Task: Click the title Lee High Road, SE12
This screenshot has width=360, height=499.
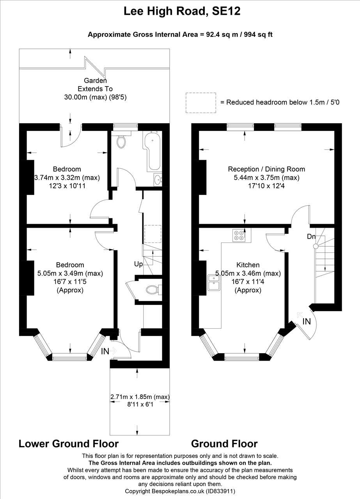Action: (182, 11)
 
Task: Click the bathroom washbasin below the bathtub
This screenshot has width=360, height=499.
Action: (158, 180)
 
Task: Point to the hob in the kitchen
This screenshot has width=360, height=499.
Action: (238, 235)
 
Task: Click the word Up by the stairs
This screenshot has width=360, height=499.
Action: (138, 264)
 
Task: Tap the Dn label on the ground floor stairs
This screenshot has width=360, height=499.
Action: (311, 236)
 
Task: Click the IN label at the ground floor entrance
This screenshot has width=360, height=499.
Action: (307, 321)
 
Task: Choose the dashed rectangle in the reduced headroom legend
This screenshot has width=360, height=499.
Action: (200, 103)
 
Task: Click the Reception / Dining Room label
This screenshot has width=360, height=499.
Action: (266, 169)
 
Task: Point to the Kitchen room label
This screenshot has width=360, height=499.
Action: (248, 265)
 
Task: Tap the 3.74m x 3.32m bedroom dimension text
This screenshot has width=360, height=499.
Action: (67, 178)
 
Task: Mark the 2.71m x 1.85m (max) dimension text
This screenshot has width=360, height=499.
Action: (140, 397)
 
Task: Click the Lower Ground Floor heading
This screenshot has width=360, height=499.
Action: (69, 444)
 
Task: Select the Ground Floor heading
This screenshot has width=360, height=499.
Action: (224, 444)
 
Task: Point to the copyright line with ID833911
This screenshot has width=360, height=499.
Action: (180, 491)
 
